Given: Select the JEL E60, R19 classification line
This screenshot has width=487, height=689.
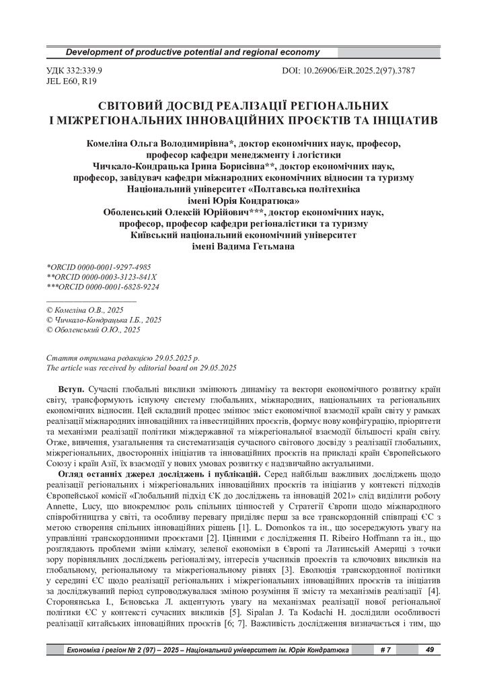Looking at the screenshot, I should click(x=71, y=81).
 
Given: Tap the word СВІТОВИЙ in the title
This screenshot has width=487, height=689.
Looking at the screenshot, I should click(x=131, y=107).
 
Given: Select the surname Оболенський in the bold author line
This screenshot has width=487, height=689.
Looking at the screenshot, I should click(x=135, y=212).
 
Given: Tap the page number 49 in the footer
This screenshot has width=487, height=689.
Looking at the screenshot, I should click(x=429, y=650).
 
